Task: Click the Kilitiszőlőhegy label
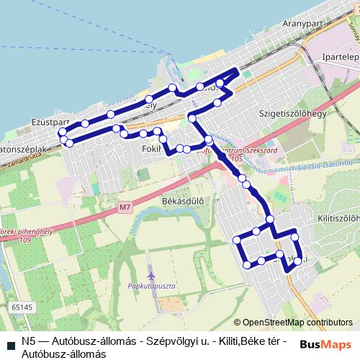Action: [x=336, y=217]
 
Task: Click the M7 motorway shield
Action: [x=125, y=208]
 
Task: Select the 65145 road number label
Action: [x=22, y=307]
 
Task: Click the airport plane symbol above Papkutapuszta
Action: [x=150, y=275]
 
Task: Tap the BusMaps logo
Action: [x=325, y=344]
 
